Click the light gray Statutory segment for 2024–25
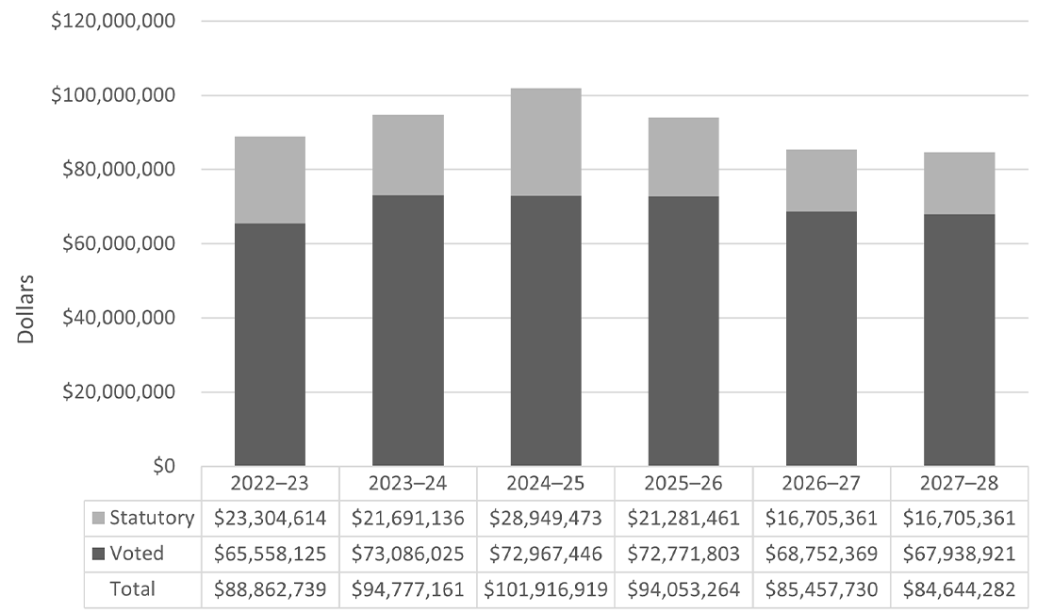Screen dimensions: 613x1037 click(x=546, y=141)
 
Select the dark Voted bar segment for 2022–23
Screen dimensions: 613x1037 click(x=270, y=344)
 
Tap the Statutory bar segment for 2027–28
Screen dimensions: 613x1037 click(x=959, y=183)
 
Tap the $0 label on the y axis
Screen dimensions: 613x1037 click(x=166, y=466)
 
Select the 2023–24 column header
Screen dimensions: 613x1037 click(x=407, y=483)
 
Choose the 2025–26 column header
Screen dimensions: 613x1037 click(x=683, y=483)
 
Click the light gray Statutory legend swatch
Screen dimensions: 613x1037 click(x=98, y=518)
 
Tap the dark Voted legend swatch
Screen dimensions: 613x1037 click(x=98, y=555)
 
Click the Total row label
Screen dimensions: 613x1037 click(x=133, y=589)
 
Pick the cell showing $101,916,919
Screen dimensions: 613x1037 click(x=546, y=590)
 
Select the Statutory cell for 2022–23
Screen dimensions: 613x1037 click(x=270, y=518)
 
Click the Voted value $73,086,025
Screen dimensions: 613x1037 click(x=407, y=555)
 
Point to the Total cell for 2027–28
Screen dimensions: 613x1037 click(x=959, y=590)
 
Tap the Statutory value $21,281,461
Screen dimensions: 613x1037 click(x=683, y=518)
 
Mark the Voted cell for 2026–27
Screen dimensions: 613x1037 click(x=821, y=555)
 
